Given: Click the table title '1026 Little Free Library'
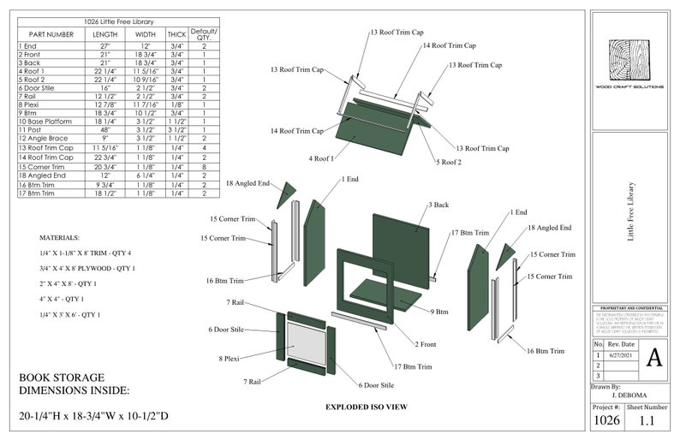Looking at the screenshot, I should pos(119,20).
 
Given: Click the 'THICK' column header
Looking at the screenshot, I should pos(176,34).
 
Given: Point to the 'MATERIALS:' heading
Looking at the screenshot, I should pos(60,237).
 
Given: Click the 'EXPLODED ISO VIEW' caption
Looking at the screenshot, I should pos(366,407).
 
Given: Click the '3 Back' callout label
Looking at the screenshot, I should pos(439,205).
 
